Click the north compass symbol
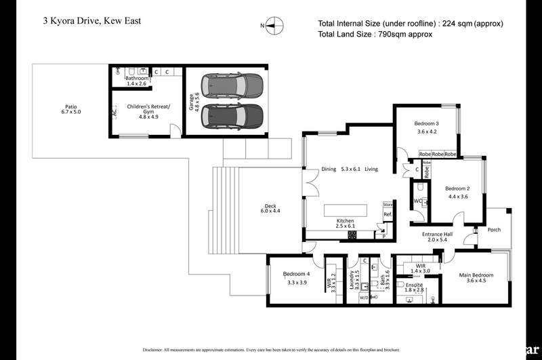click(271, 26)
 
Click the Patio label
click(70, 111)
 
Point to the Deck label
click(270, 209)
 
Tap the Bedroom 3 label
click(427, 127)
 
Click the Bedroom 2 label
click(458, 193)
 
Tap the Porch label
click(495, 230)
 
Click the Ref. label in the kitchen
click(388, 215)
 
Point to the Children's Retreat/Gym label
click(148, 111)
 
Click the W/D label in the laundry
click(364, 298)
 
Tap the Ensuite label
click(414, 285)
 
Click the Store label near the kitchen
click(388, 204)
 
